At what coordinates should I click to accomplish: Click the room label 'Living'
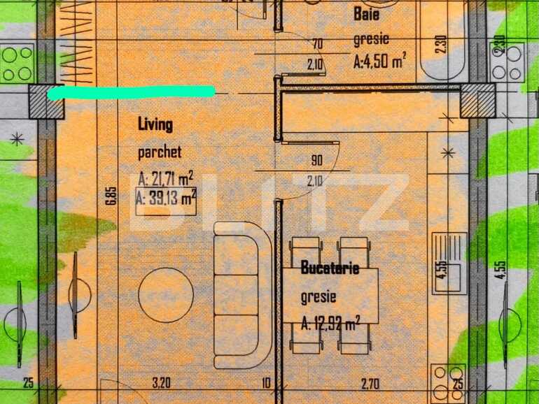pos(155,125)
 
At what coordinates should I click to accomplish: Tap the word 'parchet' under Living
pos(160,152)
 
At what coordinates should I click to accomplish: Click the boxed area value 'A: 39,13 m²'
pos(166,199)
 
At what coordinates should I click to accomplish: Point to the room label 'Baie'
pos(367,13)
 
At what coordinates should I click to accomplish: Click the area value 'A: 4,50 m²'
pos(380,60)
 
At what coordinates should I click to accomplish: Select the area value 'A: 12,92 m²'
pos(330,323)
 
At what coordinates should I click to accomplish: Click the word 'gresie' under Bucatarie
pos(318,296)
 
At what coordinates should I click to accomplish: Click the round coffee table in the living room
pos(166,296)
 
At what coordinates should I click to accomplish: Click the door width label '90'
pos(316,161)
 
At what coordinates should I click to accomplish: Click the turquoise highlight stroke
pos(131,92)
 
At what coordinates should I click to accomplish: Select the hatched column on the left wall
pos(46,102)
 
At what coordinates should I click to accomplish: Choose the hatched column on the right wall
pos(479,102)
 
